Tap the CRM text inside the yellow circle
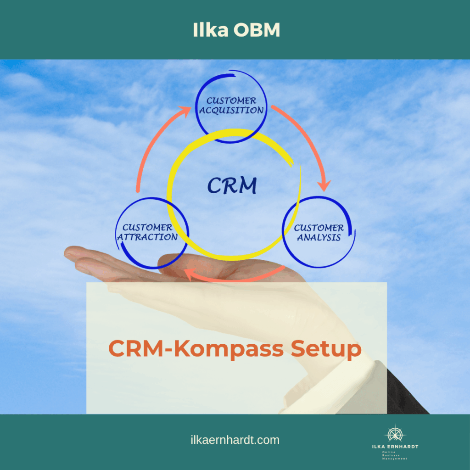pos(232,186)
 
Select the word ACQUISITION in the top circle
pos(231,110)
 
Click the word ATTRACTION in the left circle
pos(147,237)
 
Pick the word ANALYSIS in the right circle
pos(319,237)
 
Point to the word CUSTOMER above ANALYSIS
pos(319,228)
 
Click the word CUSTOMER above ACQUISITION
pos(231,101)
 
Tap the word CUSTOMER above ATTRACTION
pos(147,227)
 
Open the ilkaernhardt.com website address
pos(235,440)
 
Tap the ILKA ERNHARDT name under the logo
pos(395,447)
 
